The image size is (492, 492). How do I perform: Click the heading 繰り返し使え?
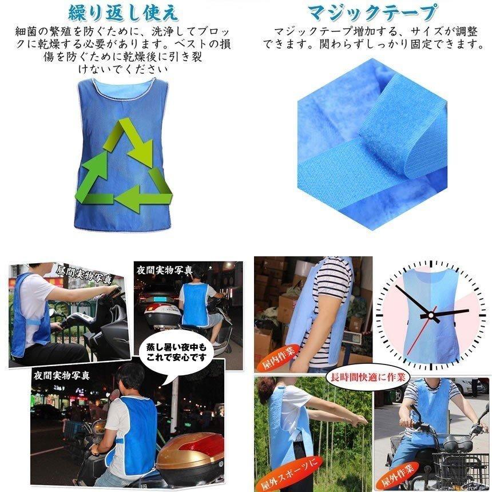[123, 12]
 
